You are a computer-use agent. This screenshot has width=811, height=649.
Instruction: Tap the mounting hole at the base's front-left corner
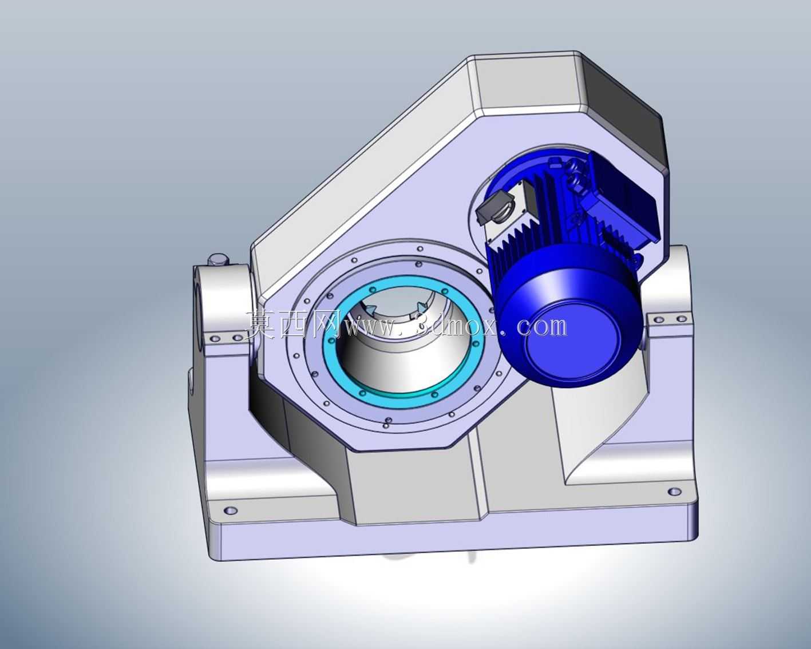click(230, 511)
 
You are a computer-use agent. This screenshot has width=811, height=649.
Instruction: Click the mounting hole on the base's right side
click(674, 492)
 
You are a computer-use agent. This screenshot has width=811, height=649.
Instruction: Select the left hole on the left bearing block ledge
click(215, 339)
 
